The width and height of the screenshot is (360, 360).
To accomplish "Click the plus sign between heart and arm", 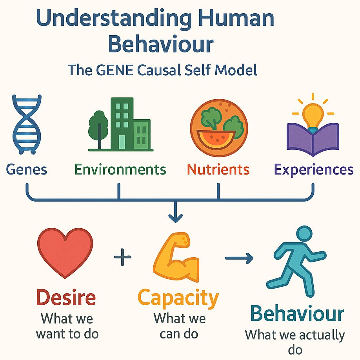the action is tap(122, 258).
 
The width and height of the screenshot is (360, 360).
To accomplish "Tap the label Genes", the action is tap(26, 169).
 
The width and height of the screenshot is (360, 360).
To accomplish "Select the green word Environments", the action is tap(120, 169).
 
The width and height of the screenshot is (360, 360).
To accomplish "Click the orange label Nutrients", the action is tap(218, 169).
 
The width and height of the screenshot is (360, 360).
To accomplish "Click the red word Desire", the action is tap(66, 298).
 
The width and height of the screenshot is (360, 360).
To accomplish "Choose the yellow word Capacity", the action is tap(178, 298).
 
